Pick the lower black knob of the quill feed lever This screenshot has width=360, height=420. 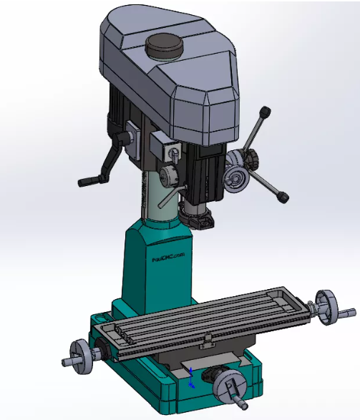tap(283, 196)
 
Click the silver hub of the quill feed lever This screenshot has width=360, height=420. tap(236, 177)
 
